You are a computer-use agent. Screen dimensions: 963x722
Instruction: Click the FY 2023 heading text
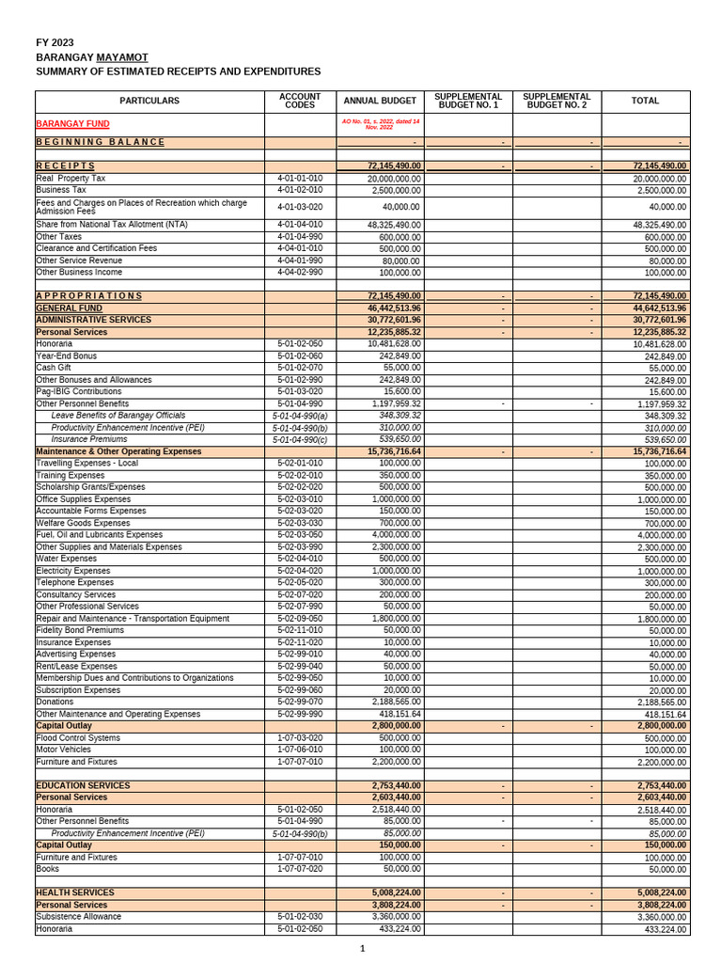click(x=55, y=42)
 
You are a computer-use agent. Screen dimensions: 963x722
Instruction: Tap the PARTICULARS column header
click(x=149, y=101)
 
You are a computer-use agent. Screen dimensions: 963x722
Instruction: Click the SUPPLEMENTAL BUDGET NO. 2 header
click(x=557, y=101)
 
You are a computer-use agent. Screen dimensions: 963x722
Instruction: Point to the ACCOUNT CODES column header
click(x=300, y=101)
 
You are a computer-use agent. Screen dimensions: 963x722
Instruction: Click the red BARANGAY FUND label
click(x=72, y=123)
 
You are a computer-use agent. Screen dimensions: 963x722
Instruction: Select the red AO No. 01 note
click(x=380, y=123)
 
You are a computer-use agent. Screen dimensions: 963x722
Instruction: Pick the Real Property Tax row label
click(x=71, y=178)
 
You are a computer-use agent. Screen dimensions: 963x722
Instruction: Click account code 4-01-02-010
click(x=300, y=190)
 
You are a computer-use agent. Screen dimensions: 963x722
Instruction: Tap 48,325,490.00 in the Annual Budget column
click(x=382, y=225)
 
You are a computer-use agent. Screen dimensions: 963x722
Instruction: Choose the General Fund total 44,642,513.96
click(x=648, y=308)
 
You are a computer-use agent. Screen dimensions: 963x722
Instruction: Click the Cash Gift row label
click(x=55, y=368)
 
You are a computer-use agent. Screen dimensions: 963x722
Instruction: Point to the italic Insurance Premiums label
click(x=89, y=439)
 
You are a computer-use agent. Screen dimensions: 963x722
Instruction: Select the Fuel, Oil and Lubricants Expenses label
click(x=99, y=535)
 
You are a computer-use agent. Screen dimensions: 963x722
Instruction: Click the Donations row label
click(x=55, y=702)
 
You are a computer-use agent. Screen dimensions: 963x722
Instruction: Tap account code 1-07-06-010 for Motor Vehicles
click(x=300, y=750)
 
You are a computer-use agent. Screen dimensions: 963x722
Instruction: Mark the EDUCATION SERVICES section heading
click(x=83, y=785)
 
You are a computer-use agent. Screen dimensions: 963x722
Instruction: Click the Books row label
click(x=48, y=869)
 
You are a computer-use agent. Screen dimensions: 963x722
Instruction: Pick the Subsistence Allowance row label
click(x=78, y=917)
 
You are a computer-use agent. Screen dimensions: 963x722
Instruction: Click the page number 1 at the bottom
click(x=362, y=948)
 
